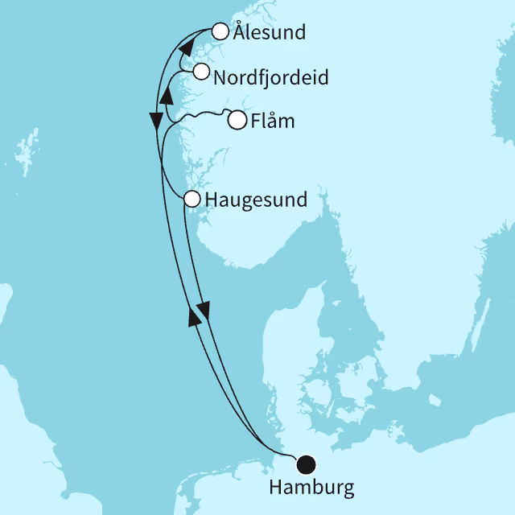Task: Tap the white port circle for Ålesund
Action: pos(219,31)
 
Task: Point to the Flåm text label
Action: pos(273,122)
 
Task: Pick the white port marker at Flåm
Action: pos(237,121)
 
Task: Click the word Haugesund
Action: pos(257,200)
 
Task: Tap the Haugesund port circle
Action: pos(192,198)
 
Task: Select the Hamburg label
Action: pos(311,487)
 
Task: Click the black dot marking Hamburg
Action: pos(306,464)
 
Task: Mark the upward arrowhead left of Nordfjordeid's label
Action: pos(167,96)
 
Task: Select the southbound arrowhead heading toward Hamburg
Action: pos(204,309)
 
